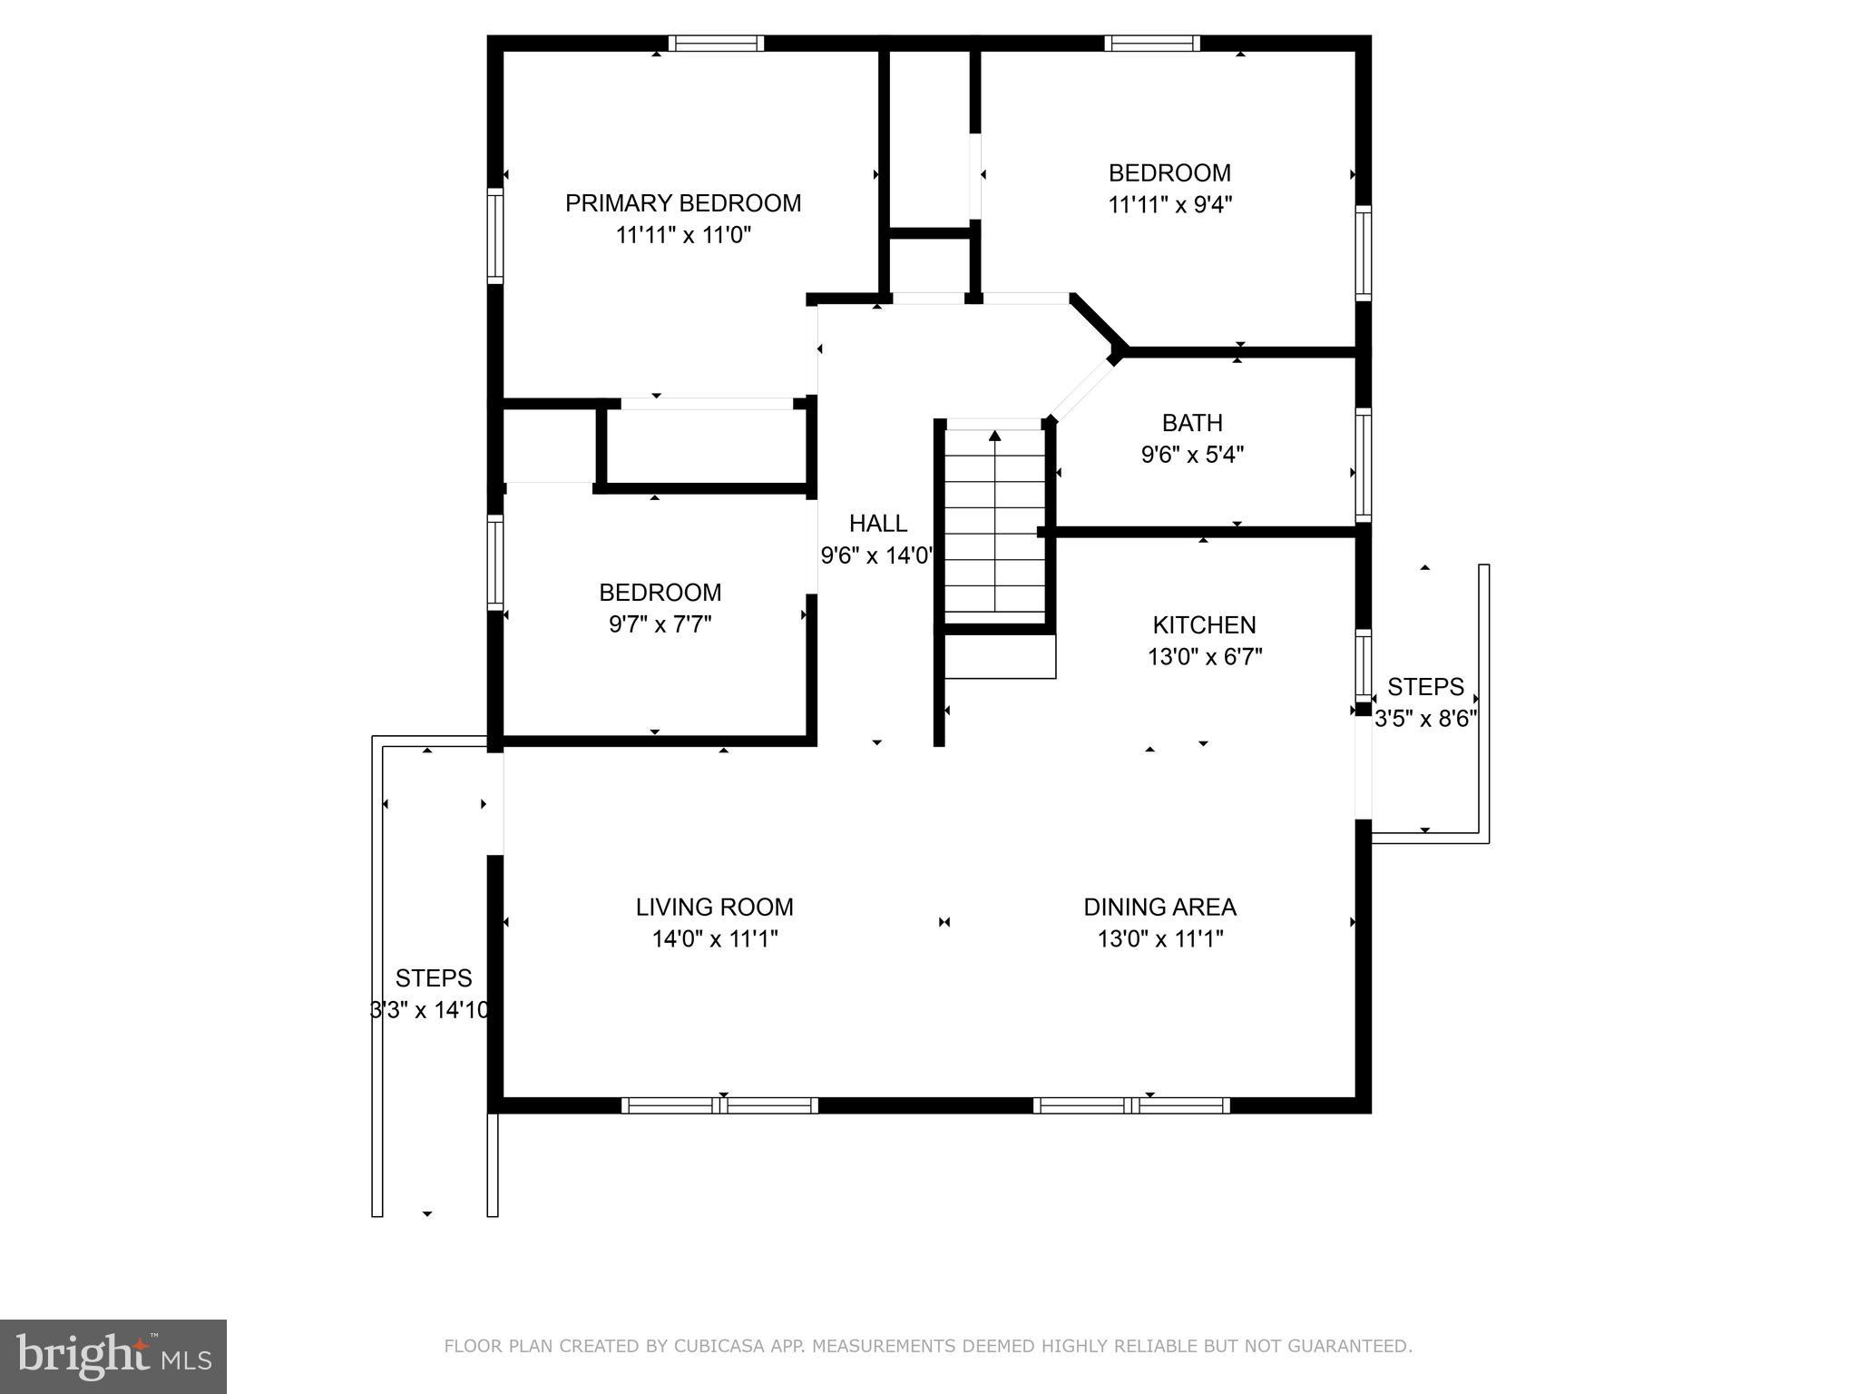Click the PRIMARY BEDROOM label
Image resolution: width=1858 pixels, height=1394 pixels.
[683, 203]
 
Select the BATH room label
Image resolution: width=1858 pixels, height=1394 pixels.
[1192, 423]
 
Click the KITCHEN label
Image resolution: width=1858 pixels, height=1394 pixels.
[1204, 625]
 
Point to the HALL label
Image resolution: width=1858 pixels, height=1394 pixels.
[877, 524]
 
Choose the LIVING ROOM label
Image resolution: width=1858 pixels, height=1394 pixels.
[714, 908]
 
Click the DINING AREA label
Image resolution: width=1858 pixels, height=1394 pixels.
[1159, 908]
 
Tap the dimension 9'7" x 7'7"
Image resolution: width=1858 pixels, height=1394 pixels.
[660, 625]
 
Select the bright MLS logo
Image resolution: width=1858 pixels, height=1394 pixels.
[113, 1357]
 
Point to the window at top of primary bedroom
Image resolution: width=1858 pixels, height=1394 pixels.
[716, 44]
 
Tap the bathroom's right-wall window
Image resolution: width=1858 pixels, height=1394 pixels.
[1363, 465]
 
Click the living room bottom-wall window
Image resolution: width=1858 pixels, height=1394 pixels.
[719, 1105]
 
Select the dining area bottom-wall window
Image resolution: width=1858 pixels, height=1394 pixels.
[1131, 1105]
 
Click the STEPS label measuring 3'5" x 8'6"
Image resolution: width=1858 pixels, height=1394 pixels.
[1425, 687]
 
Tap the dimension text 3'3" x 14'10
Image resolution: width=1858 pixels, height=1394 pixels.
[430, 1010]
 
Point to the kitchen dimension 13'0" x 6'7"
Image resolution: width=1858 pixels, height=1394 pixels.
[1205, 657]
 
